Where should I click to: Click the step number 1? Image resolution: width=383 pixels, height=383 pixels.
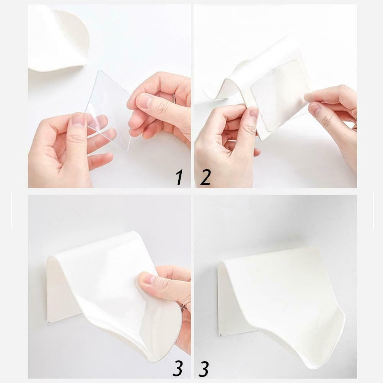179,178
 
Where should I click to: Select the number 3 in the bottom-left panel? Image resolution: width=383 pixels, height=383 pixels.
178,368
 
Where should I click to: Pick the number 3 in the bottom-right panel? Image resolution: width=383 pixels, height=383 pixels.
204,368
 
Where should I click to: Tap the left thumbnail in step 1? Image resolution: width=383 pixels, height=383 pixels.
79,120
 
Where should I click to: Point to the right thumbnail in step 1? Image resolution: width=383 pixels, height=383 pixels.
144,101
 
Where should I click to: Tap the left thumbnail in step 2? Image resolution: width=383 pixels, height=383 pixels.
254,114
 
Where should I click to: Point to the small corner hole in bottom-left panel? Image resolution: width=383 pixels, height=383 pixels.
50,322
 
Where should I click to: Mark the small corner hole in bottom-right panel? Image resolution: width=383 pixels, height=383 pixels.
220,334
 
